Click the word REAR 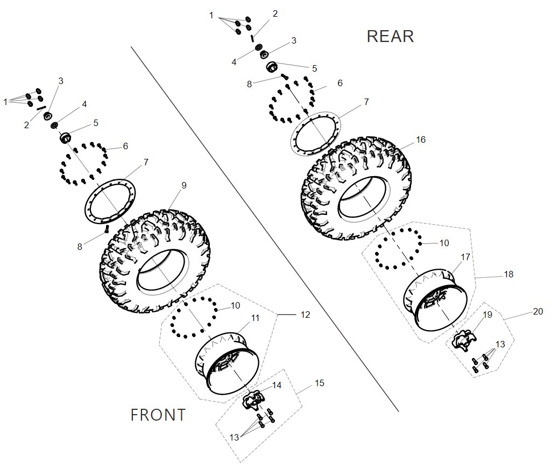pos(390,36)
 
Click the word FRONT pos(158,415)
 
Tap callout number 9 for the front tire pos(184,185)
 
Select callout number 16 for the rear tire pos(421,139)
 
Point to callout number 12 pos(305,315)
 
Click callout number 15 pos(320,383)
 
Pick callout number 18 pos(508,274)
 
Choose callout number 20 pos(538,311)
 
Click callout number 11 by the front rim pos(255,318)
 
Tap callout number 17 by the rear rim pos(465,257)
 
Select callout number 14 pos(277,386)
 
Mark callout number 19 pos(488,315)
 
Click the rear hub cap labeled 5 pos(272,67)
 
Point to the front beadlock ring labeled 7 pos(111,200)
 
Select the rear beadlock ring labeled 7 pos(316,134)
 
